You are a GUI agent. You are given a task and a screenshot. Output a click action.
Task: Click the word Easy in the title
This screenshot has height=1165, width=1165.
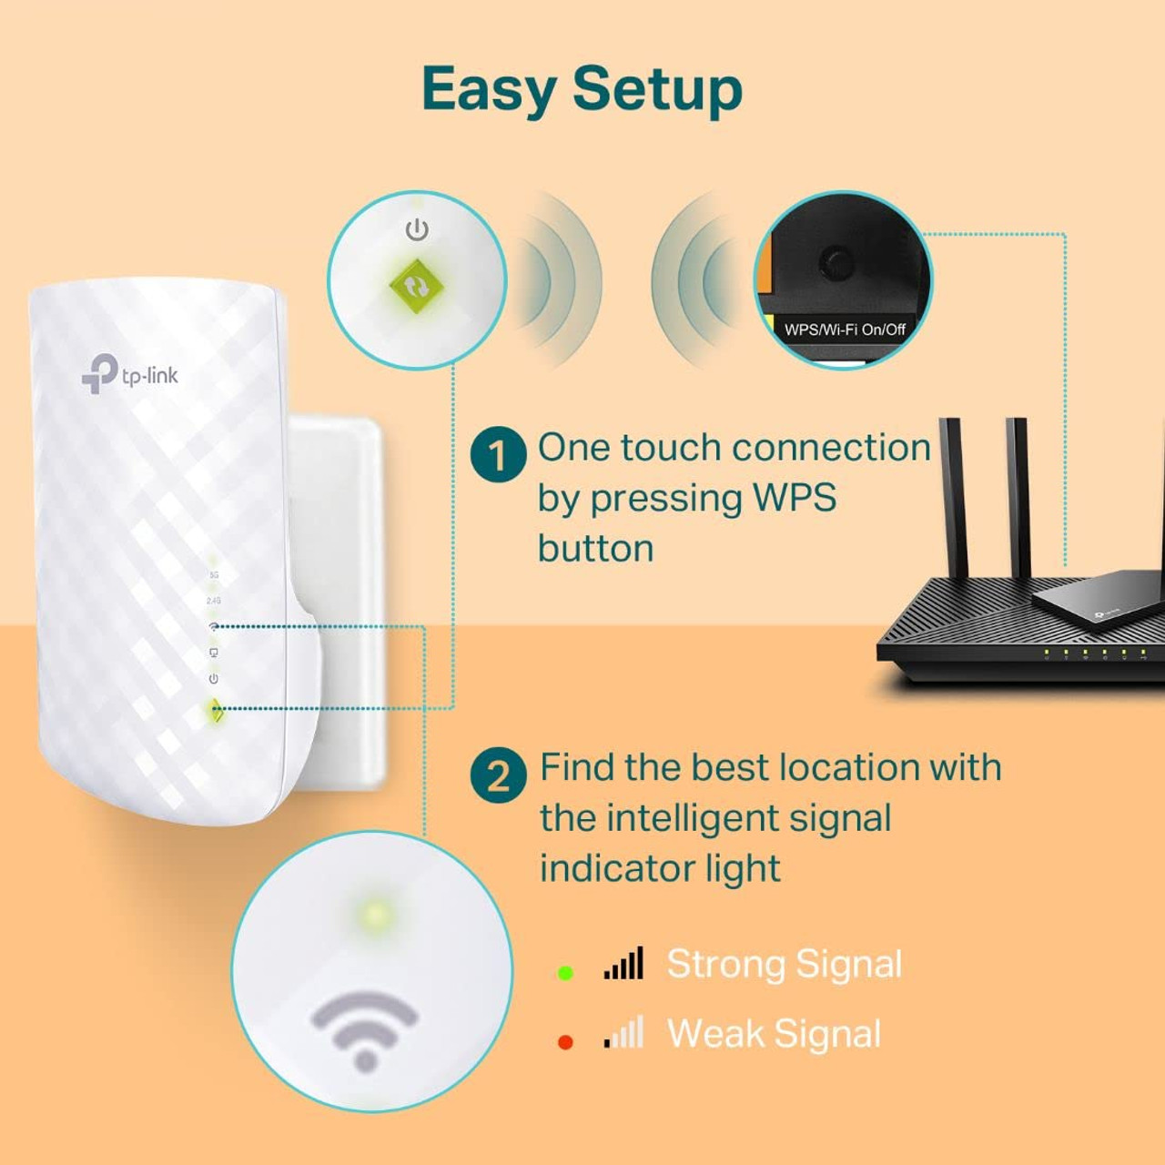click(x=489, y=90)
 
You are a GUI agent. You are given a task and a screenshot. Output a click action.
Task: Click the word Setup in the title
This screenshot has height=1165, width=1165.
click(x=657, y=90)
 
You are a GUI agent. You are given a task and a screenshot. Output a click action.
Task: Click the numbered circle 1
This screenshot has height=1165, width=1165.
click(x=498, y=454)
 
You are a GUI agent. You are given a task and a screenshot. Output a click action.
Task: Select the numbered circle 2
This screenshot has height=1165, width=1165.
click(x=498, y=775)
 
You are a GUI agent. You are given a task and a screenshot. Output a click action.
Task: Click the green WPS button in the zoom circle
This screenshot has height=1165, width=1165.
click(x=416, y=286)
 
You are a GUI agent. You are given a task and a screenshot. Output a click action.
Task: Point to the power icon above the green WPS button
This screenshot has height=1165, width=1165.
click(x=417, y=229)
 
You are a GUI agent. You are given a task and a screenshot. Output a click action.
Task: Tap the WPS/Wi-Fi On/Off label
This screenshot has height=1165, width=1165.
click(x=845, y=329)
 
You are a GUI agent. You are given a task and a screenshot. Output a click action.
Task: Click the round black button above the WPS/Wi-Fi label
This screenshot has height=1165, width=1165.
click(x=836, y=263)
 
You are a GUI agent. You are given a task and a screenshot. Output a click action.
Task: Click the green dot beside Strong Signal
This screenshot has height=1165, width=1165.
click(x=565, y=973)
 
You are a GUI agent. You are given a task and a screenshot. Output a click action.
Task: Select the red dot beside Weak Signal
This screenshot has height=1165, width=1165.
click(x=565, y=1042)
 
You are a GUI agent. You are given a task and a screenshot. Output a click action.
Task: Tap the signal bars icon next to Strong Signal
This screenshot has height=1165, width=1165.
click(x=623, y=964)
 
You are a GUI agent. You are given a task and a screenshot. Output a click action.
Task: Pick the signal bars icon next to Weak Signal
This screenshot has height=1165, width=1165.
click(x=623, y=1033)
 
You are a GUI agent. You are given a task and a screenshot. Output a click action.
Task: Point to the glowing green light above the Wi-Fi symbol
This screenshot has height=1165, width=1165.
click(x=374, y=915)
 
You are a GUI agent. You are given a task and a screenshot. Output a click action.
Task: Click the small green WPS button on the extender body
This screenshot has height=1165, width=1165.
click(x=216, y=710)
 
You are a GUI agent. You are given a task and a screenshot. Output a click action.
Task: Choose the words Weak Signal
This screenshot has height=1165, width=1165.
click(x=774, y=1034)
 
